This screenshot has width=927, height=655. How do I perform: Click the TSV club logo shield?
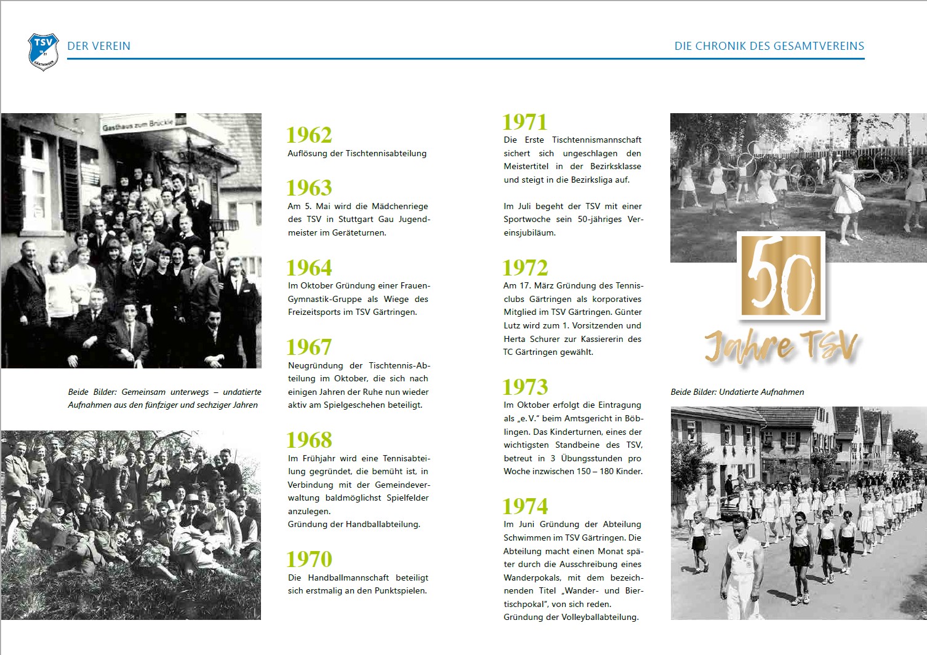click(43, 51)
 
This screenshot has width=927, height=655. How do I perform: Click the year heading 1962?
click(309, 135)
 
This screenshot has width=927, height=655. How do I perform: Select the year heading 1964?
click(309, 268)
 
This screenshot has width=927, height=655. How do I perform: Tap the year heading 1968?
click(309, 440)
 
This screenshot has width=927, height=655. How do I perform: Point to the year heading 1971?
click(524, 122)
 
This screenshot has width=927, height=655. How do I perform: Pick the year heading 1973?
click(525, 387)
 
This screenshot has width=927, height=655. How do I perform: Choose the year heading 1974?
click(525, 506)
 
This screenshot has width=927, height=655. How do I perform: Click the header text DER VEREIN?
click(98, 46)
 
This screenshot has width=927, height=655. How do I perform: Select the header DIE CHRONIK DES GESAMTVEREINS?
click(769, 46)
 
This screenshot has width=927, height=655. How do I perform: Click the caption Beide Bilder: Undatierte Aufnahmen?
click(737, 392)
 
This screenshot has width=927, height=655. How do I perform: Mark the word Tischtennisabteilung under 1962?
click(386, 153)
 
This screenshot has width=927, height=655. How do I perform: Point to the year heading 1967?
click(309, 347)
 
